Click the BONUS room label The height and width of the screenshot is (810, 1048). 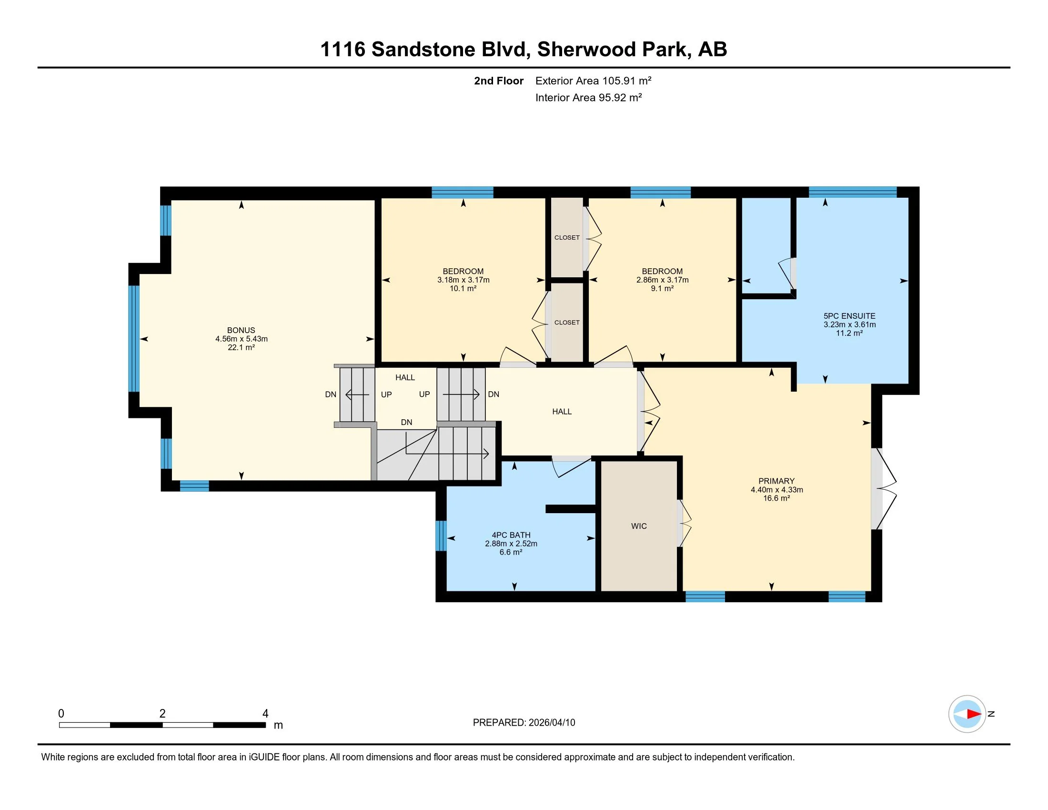pos(241,330)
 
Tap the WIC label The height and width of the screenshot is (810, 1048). pos(639,526)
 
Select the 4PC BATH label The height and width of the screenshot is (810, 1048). pos(511,535)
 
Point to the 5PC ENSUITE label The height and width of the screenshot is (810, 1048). pos(849,316)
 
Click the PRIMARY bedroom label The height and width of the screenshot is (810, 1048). pos(776,481)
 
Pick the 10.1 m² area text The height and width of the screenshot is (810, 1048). pos(463,288)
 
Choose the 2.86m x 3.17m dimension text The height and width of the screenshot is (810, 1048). pos(662,280)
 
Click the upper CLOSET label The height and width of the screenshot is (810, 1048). pos(567,238)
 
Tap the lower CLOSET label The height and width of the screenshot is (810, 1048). pos(567,323)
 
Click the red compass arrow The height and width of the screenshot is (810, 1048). pos(974,714)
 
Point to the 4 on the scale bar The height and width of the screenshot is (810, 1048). pos(265,714)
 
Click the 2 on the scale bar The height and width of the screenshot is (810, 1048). pos(162,714)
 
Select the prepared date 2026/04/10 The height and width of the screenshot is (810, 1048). pos(552,723)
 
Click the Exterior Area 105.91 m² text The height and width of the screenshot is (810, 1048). pos(593,81)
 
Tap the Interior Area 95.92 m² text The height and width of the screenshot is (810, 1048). pos(588,97)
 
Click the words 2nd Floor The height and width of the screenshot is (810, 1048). pos(499,81)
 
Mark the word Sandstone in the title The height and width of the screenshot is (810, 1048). pos(423,49)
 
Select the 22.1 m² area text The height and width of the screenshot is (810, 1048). pos(241,347)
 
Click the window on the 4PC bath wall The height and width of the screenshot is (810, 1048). pos(441,536)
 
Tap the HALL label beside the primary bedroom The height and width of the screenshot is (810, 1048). pos(562,412)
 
